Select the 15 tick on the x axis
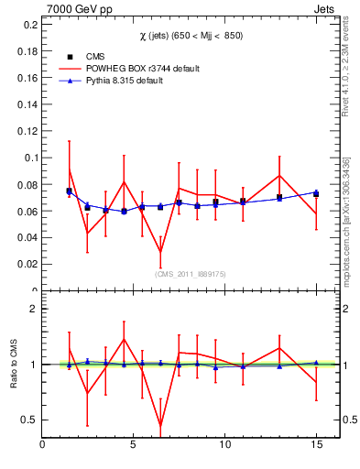tap(315, 446)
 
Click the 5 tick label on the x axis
tap(134, 446)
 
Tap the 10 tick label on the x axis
tap(224, 446)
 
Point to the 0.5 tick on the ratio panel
tap(30, 420)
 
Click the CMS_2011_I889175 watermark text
tap(191, 273)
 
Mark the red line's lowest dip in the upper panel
tap(160, 252)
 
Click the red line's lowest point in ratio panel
tap(160, 425)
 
